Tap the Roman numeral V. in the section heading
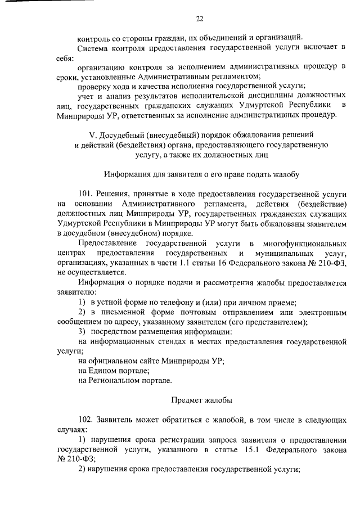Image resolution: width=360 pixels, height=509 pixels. point(93,136)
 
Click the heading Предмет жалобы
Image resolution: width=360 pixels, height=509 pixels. point(201,400)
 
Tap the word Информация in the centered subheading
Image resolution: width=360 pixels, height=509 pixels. point(125,174)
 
